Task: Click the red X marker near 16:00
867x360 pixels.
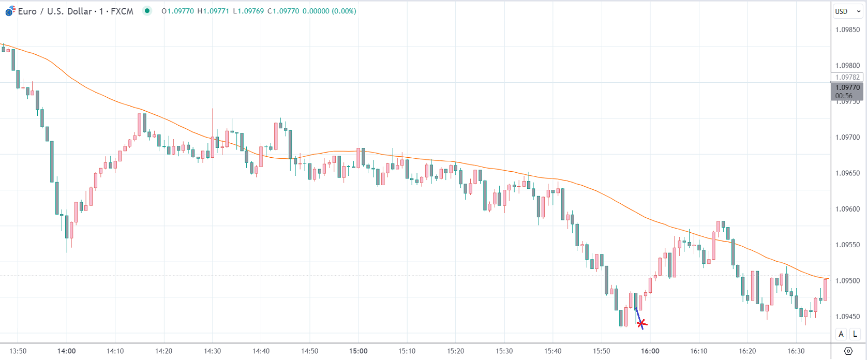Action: click(x=641, y=324)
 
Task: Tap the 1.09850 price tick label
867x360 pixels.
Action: click(x=847, y=30)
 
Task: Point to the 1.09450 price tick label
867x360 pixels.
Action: click(x=847, y=317)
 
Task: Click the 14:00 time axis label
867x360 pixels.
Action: click(x=67, y=351)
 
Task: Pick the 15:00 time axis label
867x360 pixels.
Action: click(x=358, y=351)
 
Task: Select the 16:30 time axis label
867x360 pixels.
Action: click(x=796, y=351)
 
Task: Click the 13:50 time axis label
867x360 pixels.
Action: click(x=18, y=351)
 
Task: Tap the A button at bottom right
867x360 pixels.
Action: click(x=841, y=334)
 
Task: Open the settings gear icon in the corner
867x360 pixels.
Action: click(x=848, y=351)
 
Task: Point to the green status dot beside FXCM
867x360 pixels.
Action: click(x=147, y=11)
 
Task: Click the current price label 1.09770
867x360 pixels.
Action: click(x=848, y=88)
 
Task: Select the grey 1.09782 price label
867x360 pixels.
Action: click(x=847, y=77)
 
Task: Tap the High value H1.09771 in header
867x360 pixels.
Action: click(x=213, y=11)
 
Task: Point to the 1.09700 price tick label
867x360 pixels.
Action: click(x=847, y=138)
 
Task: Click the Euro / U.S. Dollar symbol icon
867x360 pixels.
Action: click(x=10, y=11)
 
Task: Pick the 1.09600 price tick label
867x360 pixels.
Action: click(x=847, y=209)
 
